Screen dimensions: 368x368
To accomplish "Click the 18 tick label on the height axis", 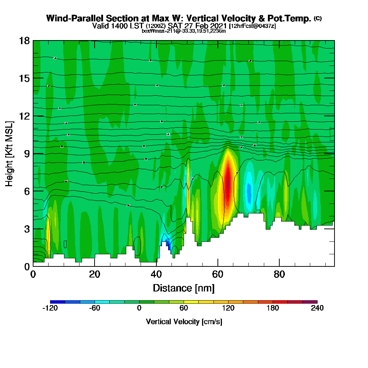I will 24,40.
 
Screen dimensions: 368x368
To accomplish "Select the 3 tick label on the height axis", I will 26,229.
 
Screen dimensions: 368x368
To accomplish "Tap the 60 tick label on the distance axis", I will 218,275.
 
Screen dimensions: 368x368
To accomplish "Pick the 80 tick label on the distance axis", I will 280,275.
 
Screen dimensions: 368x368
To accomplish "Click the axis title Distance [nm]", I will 184,288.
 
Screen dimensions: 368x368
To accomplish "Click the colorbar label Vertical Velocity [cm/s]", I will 184,322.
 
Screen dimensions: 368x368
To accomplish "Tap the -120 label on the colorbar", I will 50,308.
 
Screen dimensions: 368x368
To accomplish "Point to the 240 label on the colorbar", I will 317,308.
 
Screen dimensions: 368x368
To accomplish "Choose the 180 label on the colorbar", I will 273,308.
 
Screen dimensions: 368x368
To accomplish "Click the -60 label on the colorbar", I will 95,308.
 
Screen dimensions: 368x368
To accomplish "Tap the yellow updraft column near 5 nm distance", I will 48,234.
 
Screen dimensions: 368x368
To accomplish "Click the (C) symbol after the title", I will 318,18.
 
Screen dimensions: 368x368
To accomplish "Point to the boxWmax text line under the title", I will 184,31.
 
